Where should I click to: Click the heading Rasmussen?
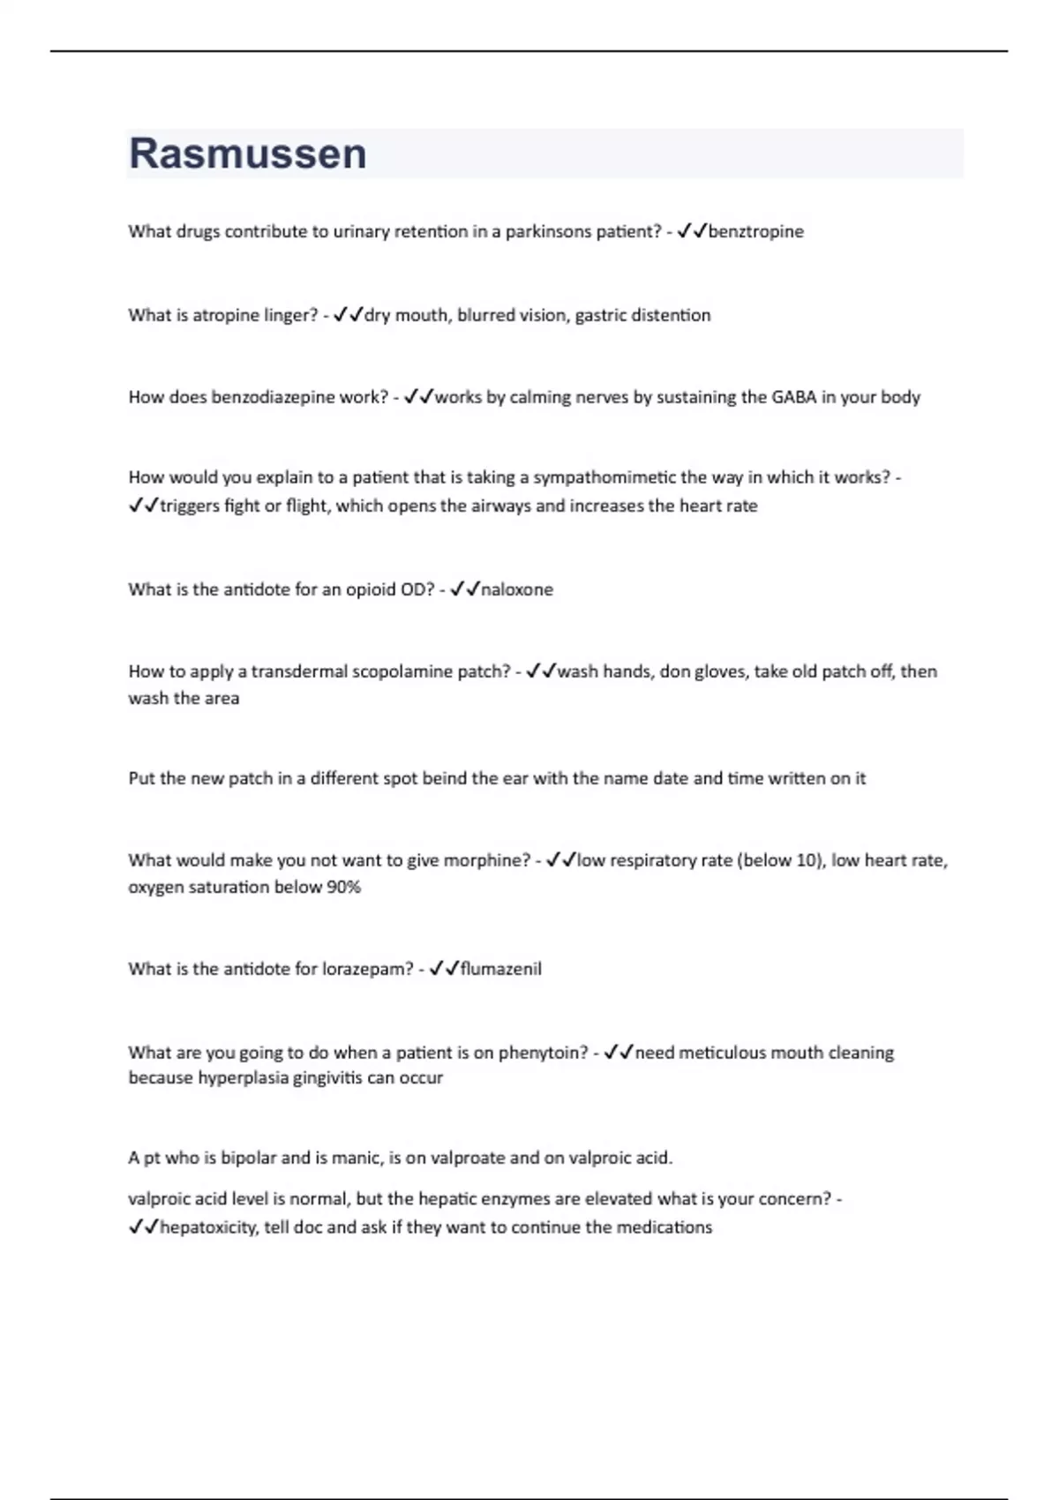248,154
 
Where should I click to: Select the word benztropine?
756,231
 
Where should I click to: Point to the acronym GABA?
794,397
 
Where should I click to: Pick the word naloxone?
517,589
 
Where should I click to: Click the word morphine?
486,860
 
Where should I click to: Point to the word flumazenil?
501,969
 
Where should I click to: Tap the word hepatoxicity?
207,1227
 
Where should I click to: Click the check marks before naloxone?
464,589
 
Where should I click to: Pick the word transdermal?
299,671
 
